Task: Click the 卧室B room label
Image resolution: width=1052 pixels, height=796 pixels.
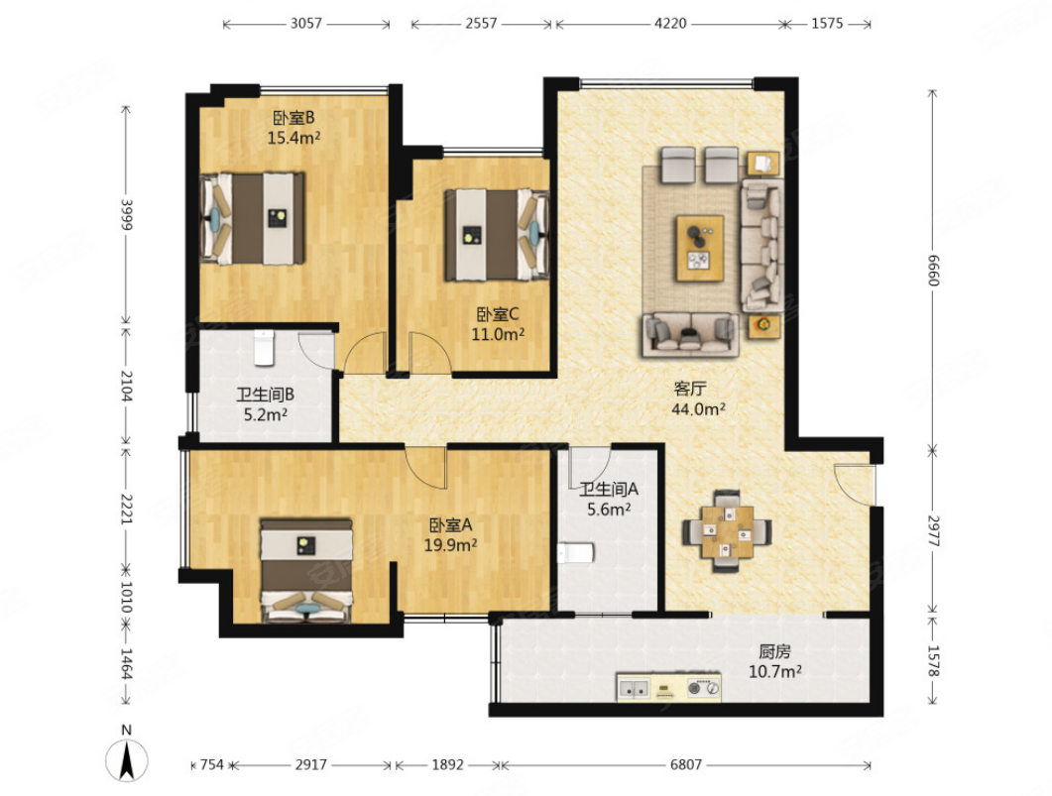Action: tap(293, 118)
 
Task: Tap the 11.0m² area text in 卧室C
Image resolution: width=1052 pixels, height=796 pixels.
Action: tap(498, 333)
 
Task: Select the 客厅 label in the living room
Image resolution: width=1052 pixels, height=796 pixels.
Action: tap(690, 389)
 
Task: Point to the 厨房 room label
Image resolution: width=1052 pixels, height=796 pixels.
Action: tap(774, 651)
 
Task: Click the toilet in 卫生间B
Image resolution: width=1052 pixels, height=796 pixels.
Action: tap(264, 347)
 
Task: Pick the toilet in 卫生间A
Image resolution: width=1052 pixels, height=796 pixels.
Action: tap(576, 553)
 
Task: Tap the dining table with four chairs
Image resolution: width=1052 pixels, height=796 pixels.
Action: tap(727, 531)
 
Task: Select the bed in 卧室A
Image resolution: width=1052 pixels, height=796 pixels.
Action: tap(306, 570)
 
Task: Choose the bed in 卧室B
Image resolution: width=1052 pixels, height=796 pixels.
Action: tap(253, 219)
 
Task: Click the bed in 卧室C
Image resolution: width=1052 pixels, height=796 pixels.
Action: tap(497, 234)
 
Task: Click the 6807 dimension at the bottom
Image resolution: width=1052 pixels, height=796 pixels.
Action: tap(686, 764)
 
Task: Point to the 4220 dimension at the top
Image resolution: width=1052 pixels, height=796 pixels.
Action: tap(670, 24)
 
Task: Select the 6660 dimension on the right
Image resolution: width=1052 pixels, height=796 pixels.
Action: tap(933, 270)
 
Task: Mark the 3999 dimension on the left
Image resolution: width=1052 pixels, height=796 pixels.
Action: tap(126, 214)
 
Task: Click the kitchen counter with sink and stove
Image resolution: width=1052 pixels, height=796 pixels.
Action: tap(669, 688)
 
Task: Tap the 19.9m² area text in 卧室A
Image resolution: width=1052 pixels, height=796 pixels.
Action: tap(450, 544)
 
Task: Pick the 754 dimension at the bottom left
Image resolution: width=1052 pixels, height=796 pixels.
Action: tap(211, 764)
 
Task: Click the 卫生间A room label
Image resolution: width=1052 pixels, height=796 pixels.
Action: tap(609, 490)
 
